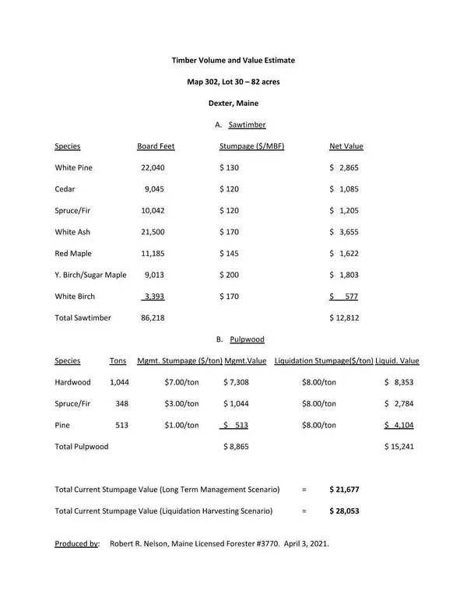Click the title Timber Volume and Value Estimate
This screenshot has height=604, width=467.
click(x=233, y=60)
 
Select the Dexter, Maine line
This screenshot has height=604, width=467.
click(x=233, y=103)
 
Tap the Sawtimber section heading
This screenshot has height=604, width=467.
click(x=247, y=125)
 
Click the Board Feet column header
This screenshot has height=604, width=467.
click(x=156, y=146)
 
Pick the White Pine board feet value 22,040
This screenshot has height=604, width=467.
click(x=153, y=167)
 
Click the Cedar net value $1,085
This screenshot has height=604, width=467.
click(x=344, y=189)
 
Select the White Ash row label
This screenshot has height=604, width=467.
click(x=72, y=232)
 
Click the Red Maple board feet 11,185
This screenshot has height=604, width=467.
click(x=153, y=254)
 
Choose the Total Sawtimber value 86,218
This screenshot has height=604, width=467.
click(x=153, y=318)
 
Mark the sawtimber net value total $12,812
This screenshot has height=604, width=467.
click(x=344, y=318)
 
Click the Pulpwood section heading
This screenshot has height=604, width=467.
click(x=247, y=339)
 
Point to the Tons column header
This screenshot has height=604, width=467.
click(x=118, y=361)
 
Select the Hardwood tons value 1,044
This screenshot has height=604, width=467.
click(x=119, y=382)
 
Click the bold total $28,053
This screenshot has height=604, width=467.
click(x=344, y=511)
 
